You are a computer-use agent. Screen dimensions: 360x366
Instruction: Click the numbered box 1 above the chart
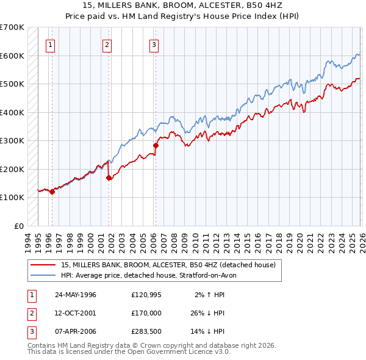49,44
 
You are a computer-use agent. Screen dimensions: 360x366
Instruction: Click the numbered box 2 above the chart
107,44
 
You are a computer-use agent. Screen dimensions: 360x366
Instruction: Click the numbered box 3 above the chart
154,44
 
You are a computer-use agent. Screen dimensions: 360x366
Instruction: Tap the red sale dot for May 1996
52,192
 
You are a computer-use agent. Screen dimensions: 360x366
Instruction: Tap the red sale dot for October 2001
109,178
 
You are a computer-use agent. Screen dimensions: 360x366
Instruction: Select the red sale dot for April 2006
156,146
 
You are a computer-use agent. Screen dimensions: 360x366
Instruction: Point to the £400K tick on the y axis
12,112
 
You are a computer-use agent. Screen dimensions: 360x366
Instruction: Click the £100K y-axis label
12,198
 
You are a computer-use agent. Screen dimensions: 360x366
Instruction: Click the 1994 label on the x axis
28,242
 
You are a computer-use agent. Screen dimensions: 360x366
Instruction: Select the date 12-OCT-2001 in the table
76,313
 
